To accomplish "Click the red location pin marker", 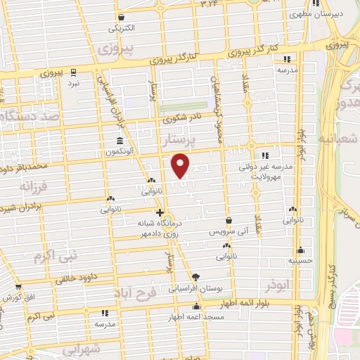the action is [x=181, y=165].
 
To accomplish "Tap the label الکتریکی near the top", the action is [x=122, y=29].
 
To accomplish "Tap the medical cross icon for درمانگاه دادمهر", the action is [x=160, y=212].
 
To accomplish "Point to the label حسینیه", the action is [x=300, y=260].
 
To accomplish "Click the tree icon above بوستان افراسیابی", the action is [x=195, y=276].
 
